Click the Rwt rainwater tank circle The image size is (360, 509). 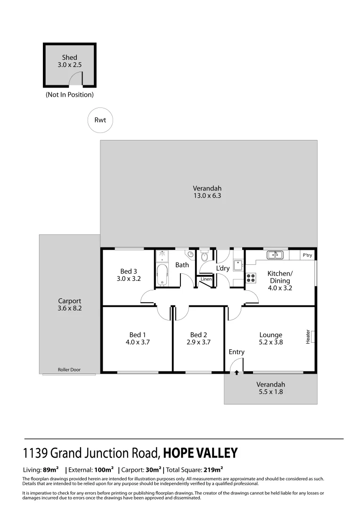coord(100,120)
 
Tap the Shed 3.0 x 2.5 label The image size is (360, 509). coord(70,62)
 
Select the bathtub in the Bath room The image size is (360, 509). coord(162,275)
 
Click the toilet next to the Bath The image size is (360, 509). coord(204,257)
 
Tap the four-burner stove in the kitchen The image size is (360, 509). coord(251,278)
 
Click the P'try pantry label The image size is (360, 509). coord(307,255)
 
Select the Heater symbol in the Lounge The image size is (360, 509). coord(311,337)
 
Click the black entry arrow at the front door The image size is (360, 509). coord(236,372)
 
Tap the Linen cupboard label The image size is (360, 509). coord(206,279)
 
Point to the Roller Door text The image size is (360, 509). coord(69,370)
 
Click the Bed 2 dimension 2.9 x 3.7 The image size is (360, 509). coord(198,343)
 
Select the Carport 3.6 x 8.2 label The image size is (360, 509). coord(70,304)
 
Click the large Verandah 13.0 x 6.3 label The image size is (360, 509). coord(207,192)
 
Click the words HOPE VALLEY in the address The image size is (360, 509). coord(200,453)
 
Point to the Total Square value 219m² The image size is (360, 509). coord(213,469)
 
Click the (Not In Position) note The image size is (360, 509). coord(70,95)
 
